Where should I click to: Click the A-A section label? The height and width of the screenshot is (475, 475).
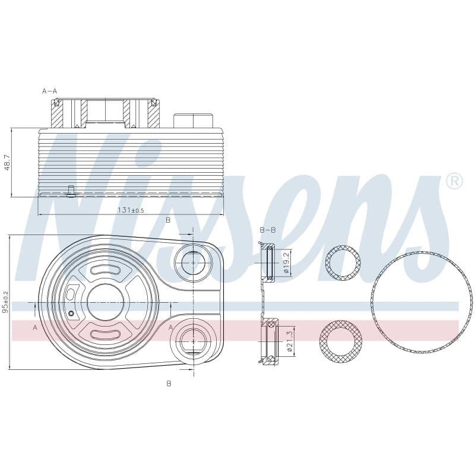pyautogui.click(x=49, y=91)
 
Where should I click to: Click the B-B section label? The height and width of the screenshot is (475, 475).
pyautogui.click(x=268, y=230)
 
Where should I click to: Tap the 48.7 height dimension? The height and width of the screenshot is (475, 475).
pyautogui.click(x=7, y=162)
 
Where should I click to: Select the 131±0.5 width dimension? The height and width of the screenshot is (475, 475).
pyautogui.click(x=131, y=210)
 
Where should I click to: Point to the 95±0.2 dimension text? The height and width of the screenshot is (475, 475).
pyautogui.click(x=5, y=302)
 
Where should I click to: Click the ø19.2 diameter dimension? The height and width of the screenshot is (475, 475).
pyautogui.click(x=287, y=262)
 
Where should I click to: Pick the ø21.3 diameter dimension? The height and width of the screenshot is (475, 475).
pyautogui.click(x=289, y=341)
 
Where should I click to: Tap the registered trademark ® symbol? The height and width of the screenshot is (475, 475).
pyautogui.click(x=454, y=181)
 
